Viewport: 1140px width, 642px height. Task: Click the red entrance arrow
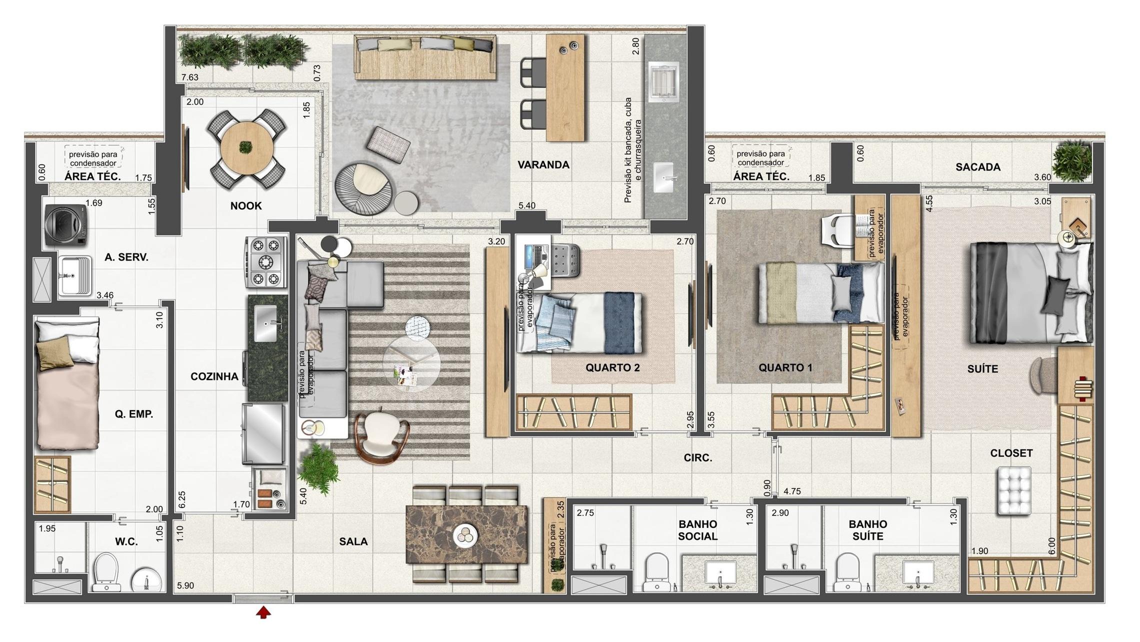(263, 612)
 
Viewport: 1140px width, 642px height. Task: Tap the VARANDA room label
(543, 165)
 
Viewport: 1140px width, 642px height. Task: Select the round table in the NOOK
(247, 147)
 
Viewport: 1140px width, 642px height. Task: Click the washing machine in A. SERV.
(66, 225)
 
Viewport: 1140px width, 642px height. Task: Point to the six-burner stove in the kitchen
(266, 262)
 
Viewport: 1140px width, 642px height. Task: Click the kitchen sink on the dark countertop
(265, 323)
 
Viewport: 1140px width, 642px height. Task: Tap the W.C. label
(126, 542)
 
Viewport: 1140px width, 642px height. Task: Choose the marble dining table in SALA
(466, 534)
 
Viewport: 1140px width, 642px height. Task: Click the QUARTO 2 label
(612, 368)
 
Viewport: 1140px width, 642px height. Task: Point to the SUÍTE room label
(982, 369)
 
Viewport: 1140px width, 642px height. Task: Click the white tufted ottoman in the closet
(1014, 490)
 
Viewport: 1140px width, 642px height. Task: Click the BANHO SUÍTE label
(867, 530)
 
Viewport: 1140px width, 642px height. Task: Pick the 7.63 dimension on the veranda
(190, 77)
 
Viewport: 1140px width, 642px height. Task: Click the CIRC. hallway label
(698, 458)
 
